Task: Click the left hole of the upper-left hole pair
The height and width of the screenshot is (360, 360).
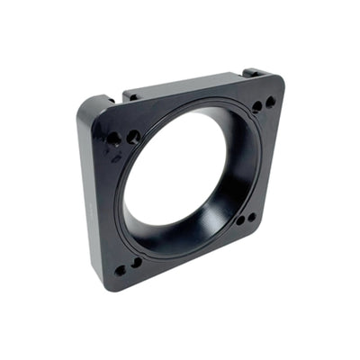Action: point(114,139)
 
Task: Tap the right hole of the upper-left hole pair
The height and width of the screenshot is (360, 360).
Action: point(133,137)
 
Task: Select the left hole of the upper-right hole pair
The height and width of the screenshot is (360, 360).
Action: point(256,107)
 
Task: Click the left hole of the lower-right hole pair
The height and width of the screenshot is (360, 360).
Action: point(240,220)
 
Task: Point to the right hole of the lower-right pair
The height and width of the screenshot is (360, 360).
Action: point(251,216)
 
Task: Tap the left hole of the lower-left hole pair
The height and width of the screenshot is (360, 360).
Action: point(120,270)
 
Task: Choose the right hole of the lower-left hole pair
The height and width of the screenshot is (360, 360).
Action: point(136,263)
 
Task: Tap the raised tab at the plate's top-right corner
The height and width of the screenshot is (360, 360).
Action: point(254,72)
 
